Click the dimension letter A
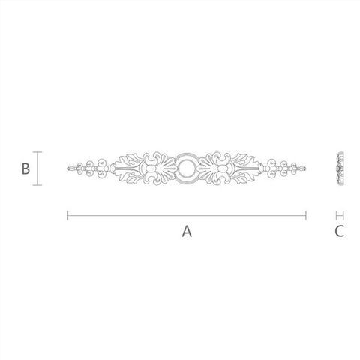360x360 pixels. point(187,231)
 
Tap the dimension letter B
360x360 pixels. point(25,169)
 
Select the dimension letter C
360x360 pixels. point(339,231)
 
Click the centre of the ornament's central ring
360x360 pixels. point(186,169)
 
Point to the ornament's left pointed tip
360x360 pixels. point(68,169)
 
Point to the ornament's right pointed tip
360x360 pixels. point(305,169)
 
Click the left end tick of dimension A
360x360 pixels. point(67,215)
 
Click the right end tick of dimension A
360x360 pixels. point(306,215)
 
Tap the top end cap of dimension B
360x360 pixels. point(37,152)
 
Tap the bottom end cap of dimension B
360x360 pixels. point(37,185)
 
